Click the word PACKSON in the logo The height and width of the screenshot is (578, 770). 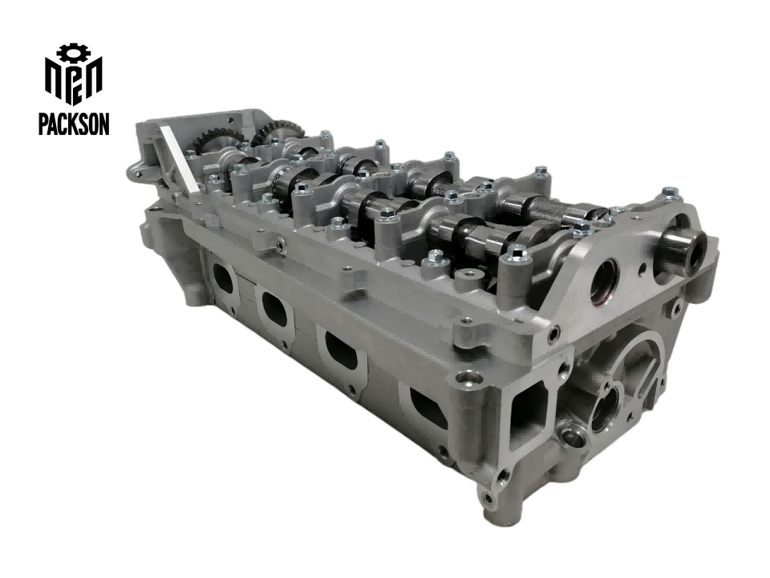74,124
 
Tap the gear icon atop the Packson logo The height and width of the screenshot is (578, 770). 74,54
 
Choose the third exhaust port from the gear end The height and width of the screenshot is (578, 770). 341,351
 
